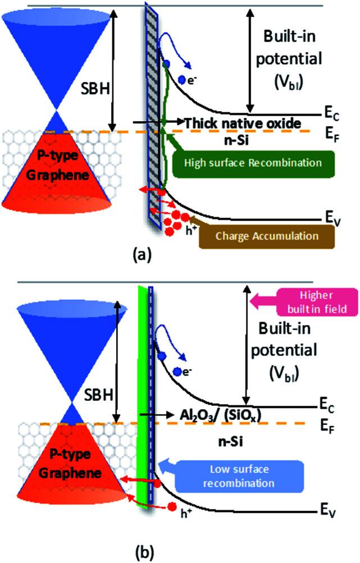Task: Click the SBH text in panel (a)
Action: coord(98,89)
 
